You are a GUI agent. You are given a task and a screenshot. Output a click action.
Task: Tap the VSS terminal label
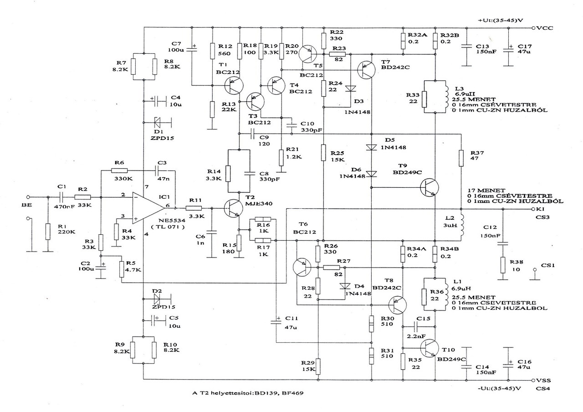[x=544, y=380]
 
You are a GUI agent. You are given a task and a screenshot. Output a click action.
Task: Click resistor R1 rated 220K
[x=47, y=232]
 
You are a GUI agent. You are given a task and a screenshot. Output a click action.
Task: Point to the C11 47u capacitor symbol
[x=276, y=322]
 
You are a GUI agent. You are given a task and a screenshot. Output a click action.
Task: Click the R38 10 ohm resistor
[x=502, y=265]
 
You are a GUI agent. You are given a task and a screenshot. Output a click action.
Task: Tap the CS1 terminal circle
[x=536, y=271]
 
